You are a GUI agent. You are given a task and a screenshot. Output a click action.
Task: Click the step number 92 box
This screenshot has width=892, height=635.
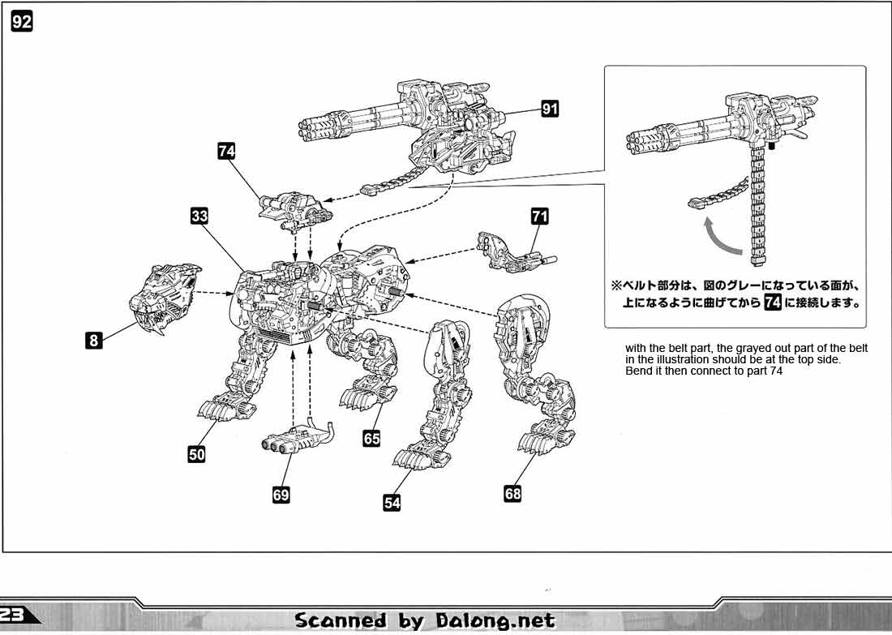(x=22, y=22)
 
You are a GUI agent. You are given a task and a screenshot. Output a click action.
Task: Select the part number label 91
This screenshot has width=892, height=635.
(x=550, y=108)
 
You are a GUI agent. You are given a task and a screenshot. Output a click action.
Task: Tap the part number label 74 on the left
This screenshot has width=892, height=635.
(x=227, y=151)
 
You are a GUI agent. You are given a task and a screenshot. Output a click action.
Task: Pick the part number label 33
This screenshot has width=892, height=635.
(x=200, y=216)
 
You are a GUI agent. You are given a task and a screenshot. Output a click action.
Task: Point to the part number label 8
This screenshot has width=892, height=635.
(x=94, y=341)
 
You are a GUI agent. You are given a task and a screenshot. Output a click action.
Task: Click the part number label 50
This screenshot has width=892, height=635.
(x=196, y=454)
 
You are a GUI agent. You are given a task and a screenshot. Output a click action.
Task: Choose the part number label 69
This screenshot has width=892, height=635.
(x=281, y=495)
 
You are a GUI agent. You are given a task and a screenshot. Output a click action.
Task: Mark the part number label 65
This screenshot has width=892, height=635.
(x=371, y=439)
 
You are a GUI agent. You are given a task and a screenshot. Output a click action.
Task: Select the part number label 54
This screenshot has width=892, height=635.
(x=392, y=503)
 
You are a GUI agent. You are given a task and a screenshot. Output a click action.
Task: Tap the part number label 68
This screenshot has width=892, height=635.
(x=512, y=492)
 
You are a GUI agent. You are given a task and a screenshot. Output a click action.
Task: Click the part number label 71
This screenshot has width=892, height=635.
(x=540, y=216)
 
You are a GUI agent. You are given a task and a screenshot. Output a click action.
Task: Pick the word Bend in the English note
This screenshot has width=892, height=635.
(x=637, y=371)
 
